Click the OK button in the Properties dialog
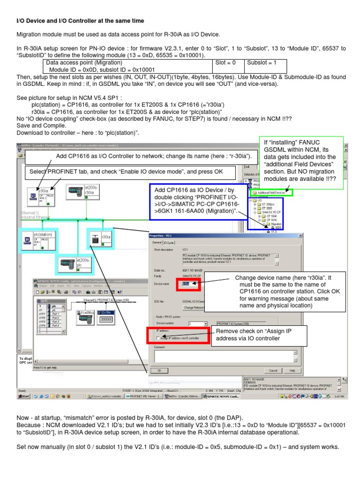159,370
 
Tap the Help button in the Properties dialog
292,370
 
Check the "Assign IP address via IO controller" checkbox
158,338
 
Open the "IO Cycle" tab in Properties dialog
169,242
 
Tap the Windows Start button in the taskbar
23,397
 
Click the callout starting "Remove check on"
254,337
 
